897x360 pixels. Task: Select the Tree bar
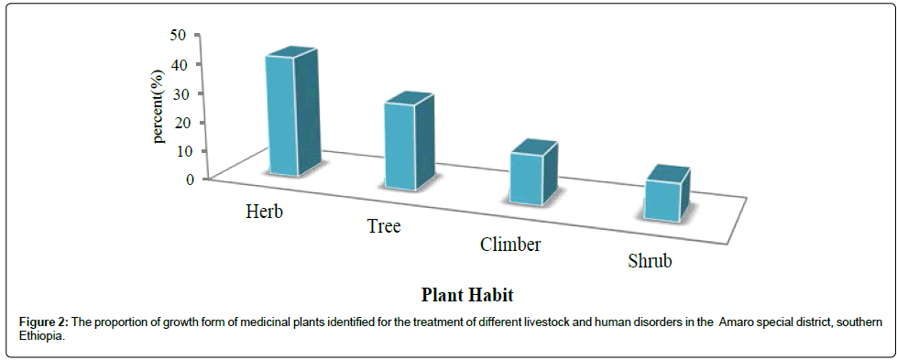(x=409, y=142)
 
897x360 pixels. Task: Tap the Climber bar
(x=533, y=172)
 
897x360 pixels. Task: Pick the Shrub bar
(x=666, y=194)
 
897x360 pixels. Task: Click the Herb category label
(x=265, y=211)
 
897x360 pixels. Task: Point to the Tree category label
(x=383, y=226)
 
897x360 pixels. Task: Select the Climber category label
(x=510, y=245)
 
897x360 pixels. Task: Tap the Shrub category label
(x=649, y=262)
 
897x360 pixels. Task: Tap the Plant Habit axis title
(x=467, y=295)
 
